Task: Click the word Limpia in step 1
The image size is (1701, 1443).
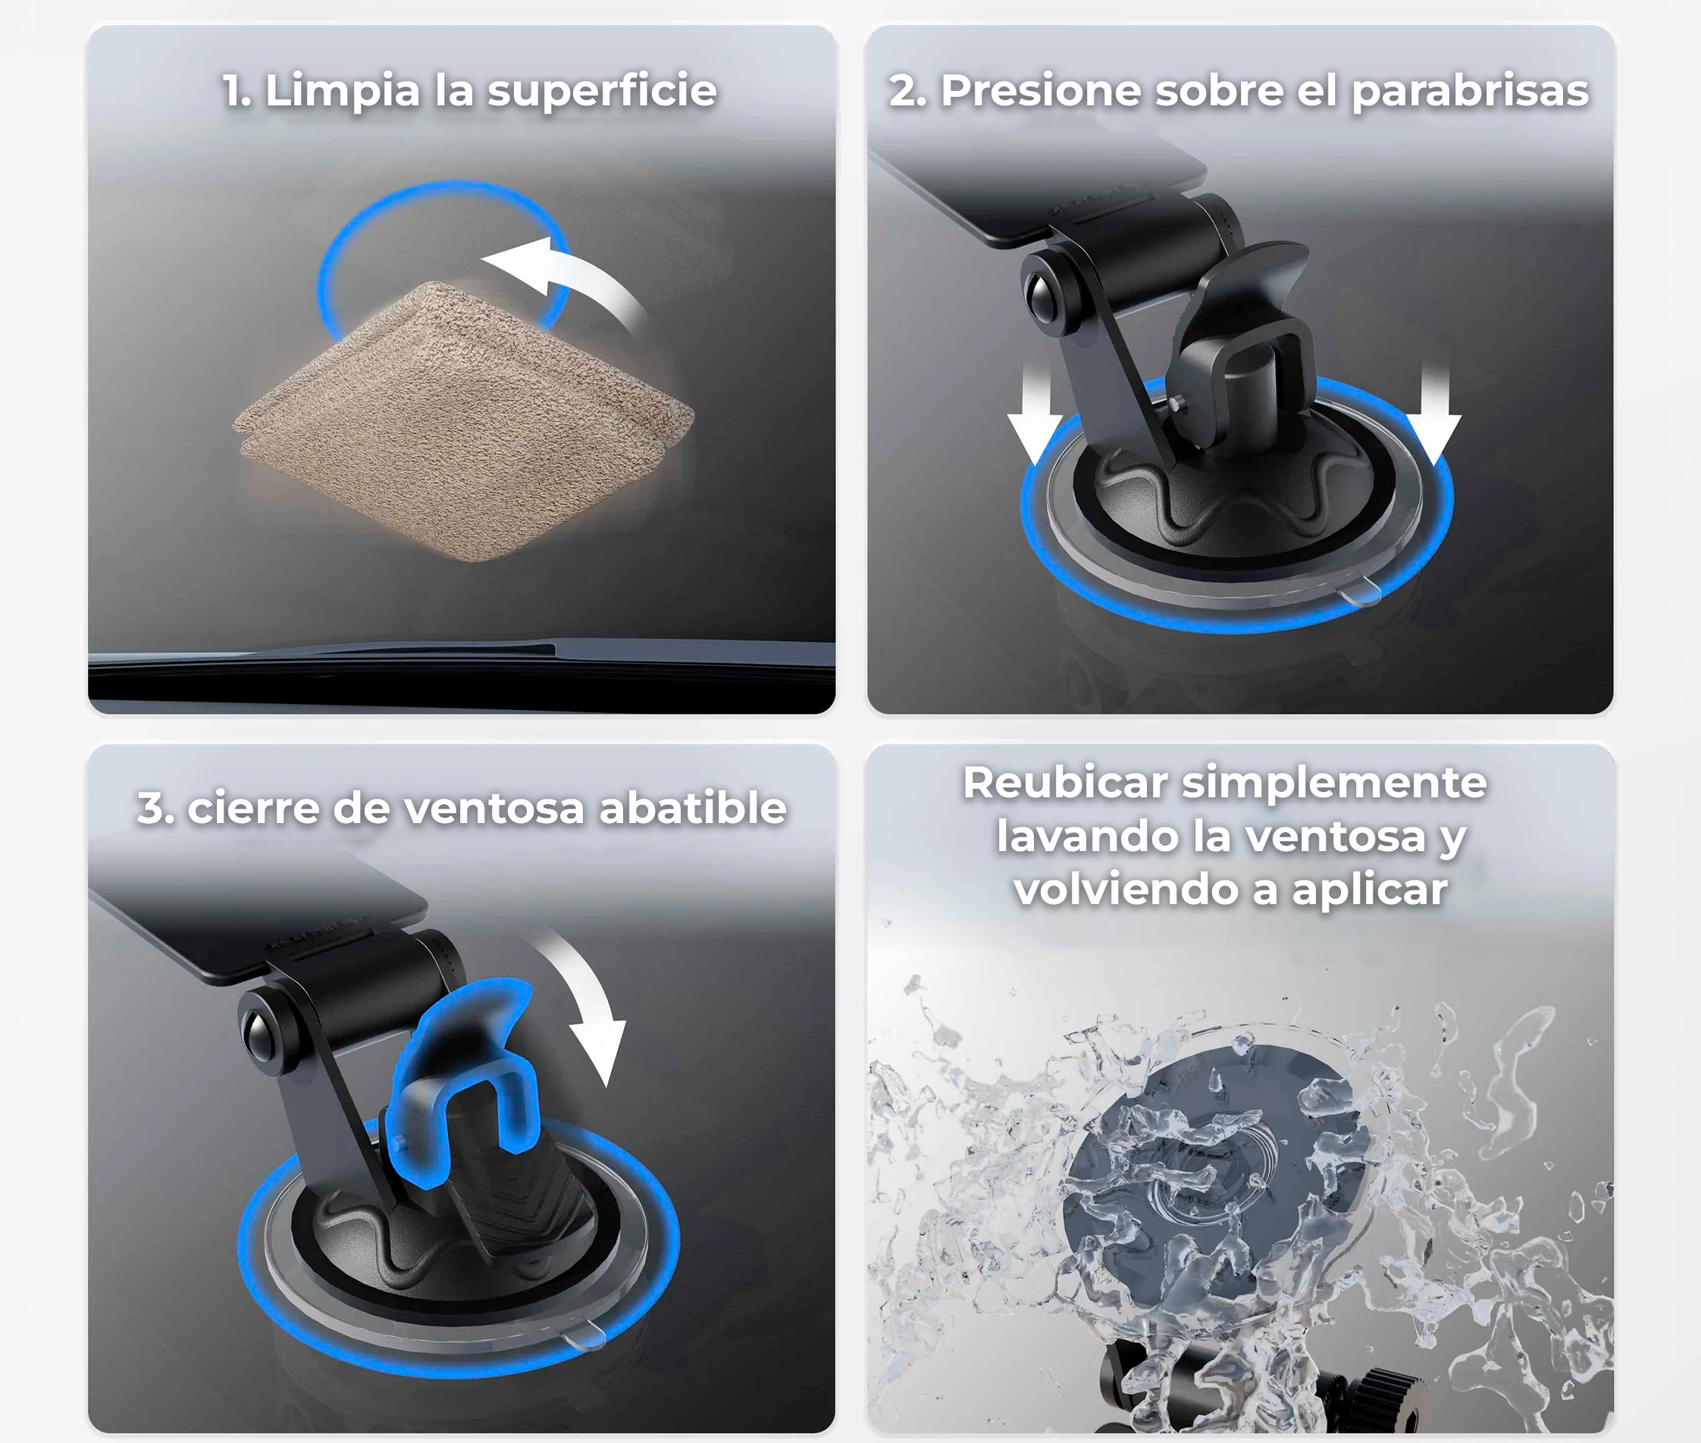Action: (341, 92)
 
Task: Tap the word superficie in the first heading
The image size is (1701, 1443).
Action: (601, 91)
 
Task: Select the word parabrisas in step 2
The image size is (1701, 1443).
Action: (1470, 91)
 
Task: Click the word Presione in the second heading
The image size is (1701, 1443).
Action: (1042, 91)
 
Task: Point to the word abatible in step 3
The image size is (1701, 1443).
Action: (692, 807)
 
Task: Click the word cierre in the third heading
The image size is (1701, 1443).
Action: (254, 807)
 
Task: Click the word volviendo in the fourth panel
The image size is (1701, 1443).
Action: (1125, 889)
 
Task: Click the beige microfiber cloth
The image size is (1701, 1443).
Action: (462, 421)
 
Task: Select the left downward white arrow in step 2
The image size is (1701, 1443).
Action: (1035, 415)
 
